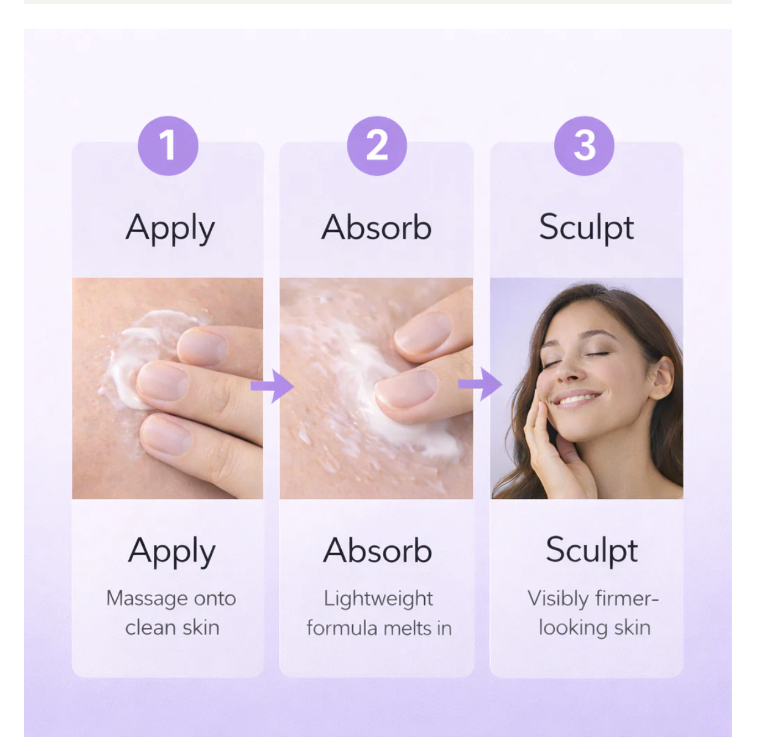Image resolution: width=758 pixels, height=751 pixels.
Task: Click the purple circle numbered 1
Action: [168, 146]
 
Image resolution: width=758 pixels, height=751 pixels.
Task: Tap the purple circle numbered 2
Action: [377, 146]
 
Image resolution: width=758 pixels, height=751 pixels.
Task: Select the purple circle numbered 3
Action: [584, 146]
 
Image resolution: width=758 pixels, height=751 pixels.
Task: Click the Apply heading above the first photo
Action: [170, 228]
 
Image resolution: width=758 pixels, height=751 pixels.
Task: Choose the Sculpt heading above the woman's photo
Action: [587, 228]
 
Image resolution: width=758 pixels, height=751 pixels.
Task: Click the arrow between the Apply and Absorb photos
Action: [272, 386]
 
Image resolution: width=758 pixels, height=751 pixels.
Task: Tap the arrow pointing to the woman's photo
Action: [480, 384]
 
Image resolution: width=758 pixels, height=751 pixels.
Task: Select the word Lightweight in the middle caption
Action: [378, 600]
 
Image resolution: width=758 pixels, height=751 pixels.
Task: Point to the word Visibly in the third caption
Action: [558, 599]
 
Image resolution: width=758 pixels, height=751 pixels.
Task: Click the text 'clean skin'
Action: [172, 628]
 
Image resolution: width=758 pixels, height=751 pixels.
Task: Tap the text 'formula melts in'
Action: [379, 628]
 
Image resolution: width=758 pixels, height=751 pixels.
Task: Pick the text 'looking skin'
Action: [594, 628]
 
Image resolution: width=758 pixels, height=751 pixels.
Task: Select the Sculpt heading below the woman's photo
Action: [591, 551]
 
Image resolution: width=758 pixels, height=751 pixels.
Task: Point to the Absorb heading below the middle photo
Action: [378, 550]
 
